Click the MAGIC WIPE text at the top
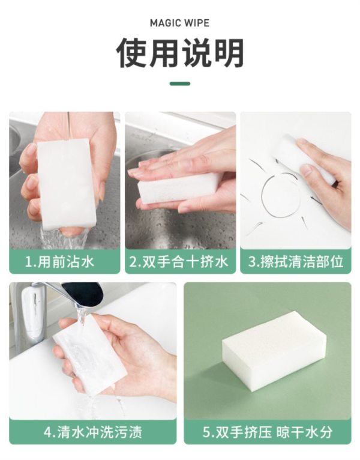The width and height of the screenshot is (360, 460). click(x=180, y=23)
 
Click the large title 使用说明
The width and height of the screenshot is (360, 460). click(x=180, y=53)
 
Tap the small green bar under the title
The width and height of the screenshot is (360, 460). click(x=180, y=83)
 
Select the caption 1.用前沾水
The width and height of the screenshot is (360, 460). click(x=60, y=261)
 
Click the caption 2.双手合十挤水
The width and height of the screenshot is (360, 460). click(x=179, y=261)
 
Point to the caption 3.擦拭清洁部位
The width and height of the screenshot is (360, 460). click(x=296, y=261)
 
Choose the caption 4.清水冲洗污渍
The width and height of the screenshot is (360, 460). click(x=92, y=432)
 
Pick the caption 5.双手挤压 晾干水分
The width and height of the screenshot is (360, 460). click(x=268, y=432)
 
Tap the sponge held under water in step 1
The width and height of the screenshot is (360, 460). click(x=67, y=184)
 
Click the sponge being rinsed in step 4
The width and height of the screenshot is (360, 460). click(x=90, y=354)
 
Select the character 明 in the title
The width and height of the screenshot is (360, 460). click(x=229, y=53)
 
